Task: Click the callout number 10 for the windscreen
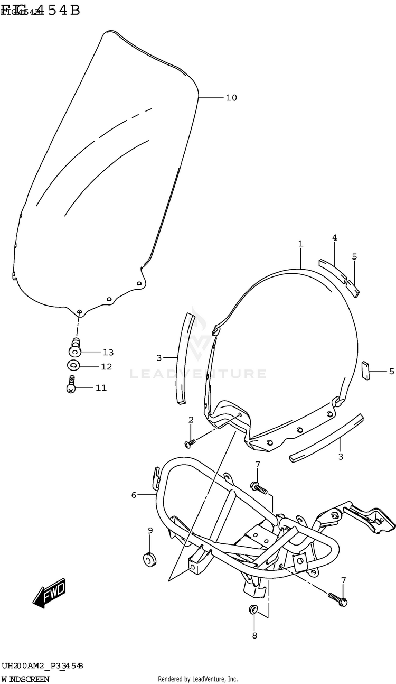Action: (x=231, y=98)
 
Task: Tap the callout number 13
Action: (x=108, y=353)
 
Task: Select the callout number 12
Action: (x=107, y=366)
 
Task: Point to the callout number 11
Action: (x=101, y=388)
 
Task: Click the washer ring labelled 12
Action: (x=73, y=365)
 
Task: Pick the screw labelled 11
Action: (x=71, y=384)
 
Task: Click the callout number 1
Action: (x=300, y=244)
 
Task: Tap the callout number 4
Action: (x=334, y=238)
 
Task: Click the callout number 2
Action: (x=191, y=420)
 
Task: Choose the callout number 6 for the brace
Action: (x=134, y=495)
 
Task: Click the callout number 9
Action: (x=150, y=531)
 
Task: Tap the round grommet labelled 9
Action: (x=149, y=558)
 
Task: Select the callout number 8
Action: (x=254, y=636)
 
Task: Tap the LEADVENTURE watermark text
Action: (x=198, y=374)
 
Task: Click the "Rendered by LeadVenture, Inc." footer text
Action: (x=198, y=679)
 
